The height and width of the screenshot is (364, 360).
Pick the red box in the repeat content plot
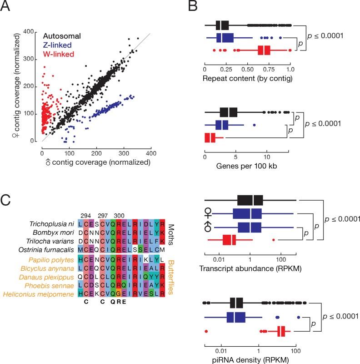coord(264,51)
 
